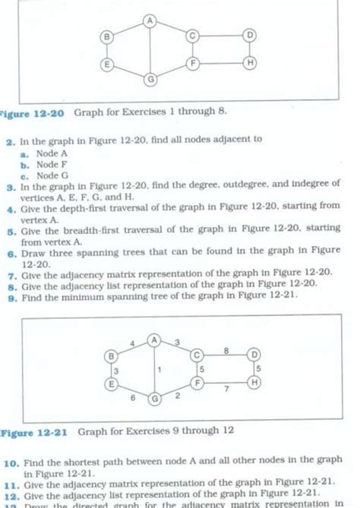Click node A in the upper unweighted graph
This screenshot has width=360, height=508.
click(x=150, y=21)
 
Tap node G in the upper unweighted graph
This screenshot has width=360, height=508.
click(x=150, y=79)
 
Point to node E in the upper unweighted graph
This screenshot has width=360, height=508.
click(x=107, y=65)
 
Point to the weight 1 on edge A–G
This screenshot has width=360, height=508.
click(x=159, y=369)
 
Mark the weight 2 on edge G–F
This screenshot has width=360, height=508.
click(x=177, y=395)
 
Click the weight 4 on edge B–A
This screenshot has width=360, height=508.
click(x=132, y=343)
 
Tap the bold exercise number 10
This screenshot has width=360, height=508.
click(x=12, y=461)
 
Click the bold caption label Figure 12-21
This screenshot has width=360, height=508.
click(x=33, y=431)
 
